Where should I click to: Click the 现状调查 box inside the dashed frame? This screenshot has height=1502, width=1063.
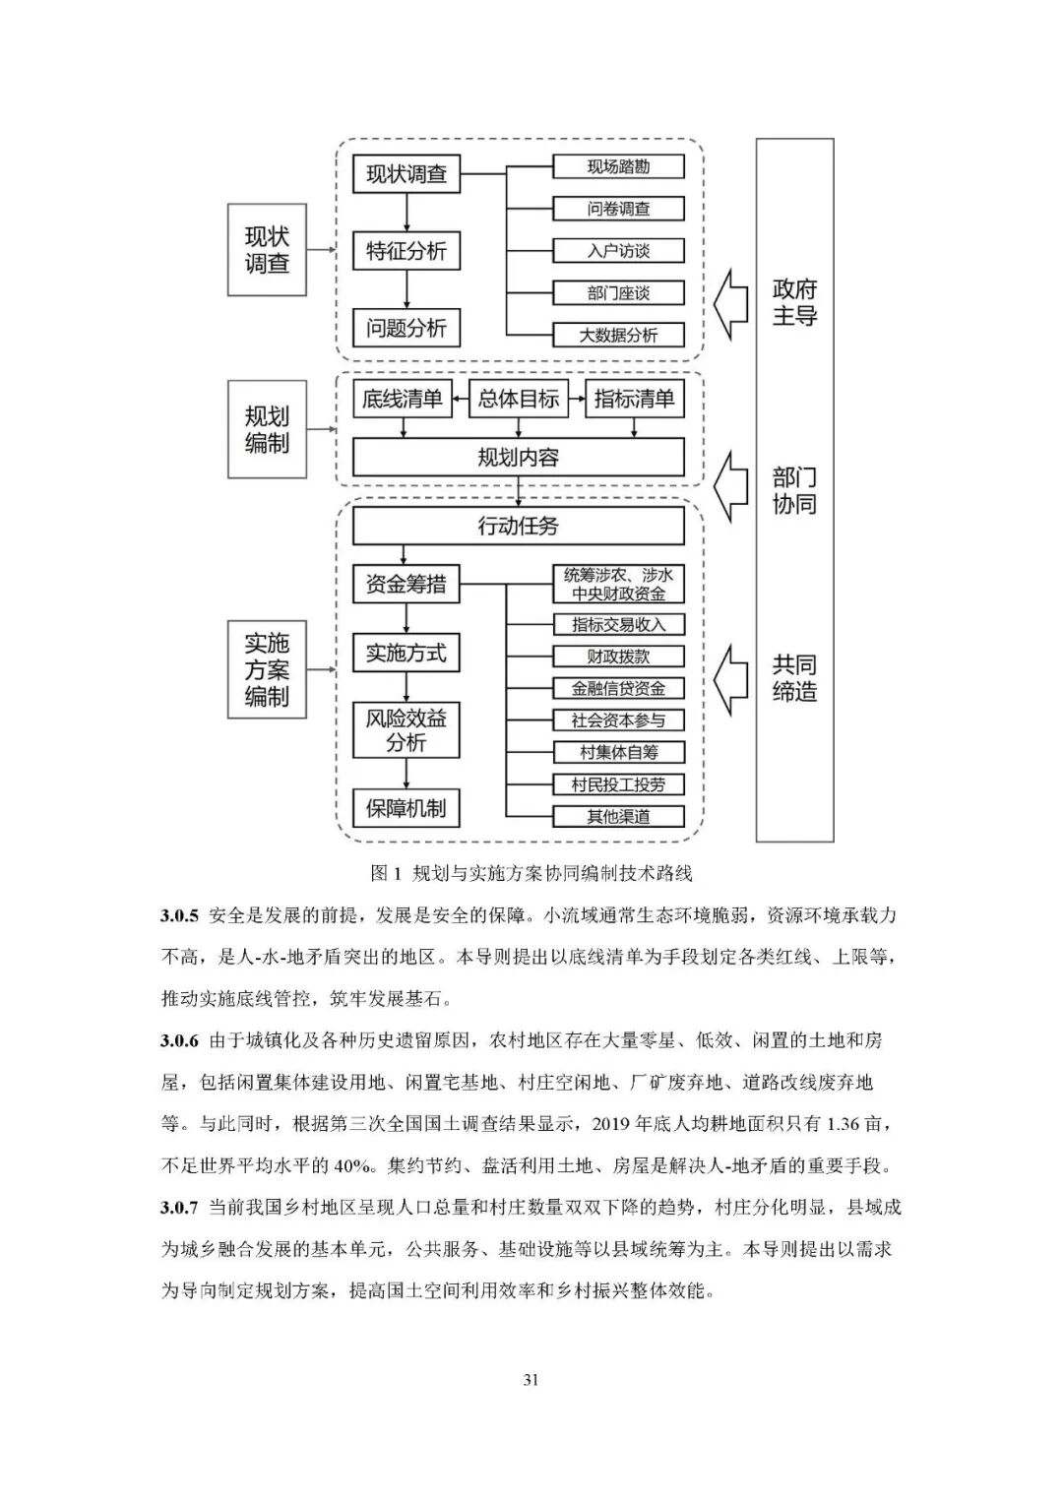coord(406,174)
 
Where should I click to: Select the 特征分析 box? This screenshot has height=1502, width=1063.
coord(406,251)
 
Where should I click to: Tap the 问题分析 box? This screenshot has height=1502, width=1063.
coord(406,328)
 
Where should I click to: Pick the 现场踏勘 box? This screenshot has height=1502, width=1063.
coord(618,166)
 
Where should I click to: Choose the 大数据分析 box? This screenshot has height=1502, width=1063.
coord(618,335)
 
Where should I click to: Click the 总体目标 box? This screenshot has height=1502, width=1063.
coord(519,399)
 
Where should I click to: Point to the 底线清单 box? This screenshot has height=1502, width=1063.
coord(402,399)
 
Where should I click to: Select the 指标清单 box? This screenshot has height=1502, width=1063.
coord(634,399)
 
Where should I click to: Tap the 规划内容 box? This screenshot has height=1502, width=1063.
coord(519,458)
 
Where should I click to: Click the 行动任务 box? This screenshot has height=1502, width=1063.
coord(519,526)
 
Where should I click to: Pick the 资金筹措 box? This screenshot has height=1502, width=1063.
coord(406,584)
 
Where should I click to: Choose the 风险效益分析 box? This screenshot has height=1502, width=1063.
coord(406,730)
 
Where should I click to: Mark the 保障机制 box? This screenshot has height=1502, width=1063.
coord(406,808)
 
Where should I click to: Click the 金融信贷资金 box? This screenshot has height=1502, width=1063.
coord(618,688)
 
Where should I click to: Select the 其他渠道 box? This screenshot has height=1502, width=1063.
coord(618,816)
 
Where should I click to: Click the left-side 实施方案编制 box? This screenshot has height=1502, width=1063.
coord(267,669)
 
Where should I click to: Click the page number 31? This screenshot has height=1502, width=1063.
coord(531,1379)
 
